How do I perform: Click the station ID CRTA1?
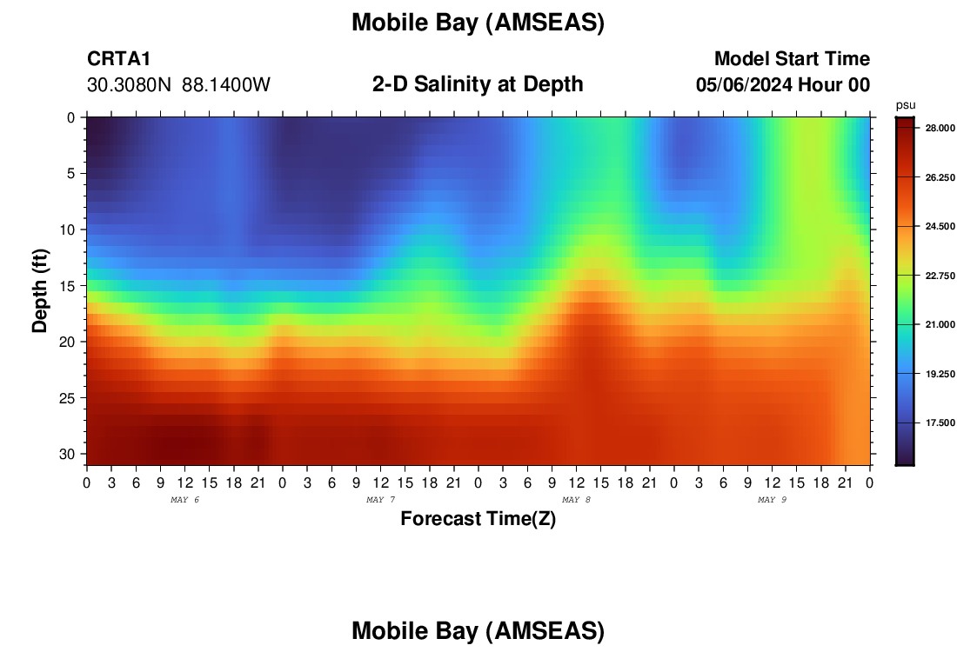pyautogui.click(x=118, y=58)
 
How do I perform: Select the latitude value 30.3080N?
pyautogui.click(x=130, y=85)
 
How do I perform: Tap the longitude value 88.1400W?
pyautogui.click(x=226, y=85)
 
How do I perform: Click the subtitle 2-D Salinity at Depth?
pyautogui.click(x=478, y=84)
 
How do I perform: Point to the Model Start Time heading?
pyautogui.click(x=793, y=58)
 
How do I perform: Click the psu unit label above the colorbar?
pyautogui.click(x=906, y=105)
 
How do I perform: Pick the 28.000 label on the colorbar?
pyautogui.click(x=940, y=128)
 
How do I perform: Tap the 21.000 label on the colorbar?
pyautogui.click(x=940, y=324)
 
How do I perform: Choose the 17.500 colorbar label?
pyautogui.click(x=940, y=422)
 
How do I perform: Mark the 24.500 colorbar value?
pyautogui.click(x=940, y=226)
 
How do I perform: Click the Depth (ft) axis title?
pyautogui.click(x=40, y=290)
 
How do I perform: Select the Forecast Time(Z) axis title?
pyautogui.click(x=478, y=519)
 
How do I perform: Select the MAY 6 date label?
pyautogui.click(x=185, y=500)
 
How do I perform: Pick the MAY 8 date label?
pyautogui.click(x=576, y=500)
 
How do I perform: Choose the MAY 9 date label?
pyautogui.click(x=772, y=500)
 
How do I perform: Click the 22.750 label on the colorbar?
pyautogui.click(x=940, y=276)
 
